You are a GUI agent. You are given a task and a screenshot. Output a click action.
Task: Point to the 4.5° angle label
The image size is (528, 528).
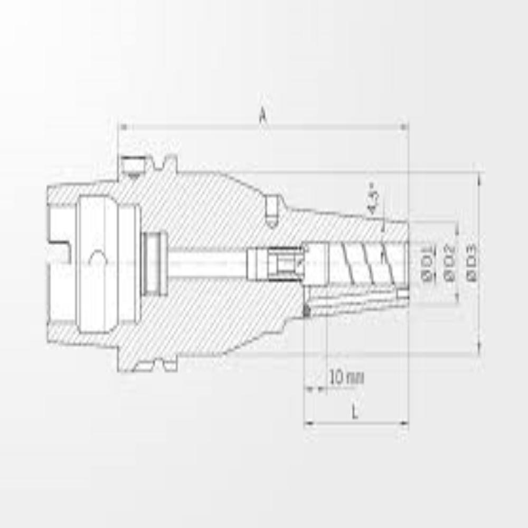click(373, 198)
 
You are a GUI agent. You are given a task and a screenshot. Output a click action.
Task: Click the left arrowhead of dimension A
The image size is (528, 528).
click(123, 127)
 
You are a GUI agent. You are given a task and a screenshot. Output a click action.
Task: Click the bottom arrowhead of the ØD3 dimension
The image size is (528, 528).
click(479, 349)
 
